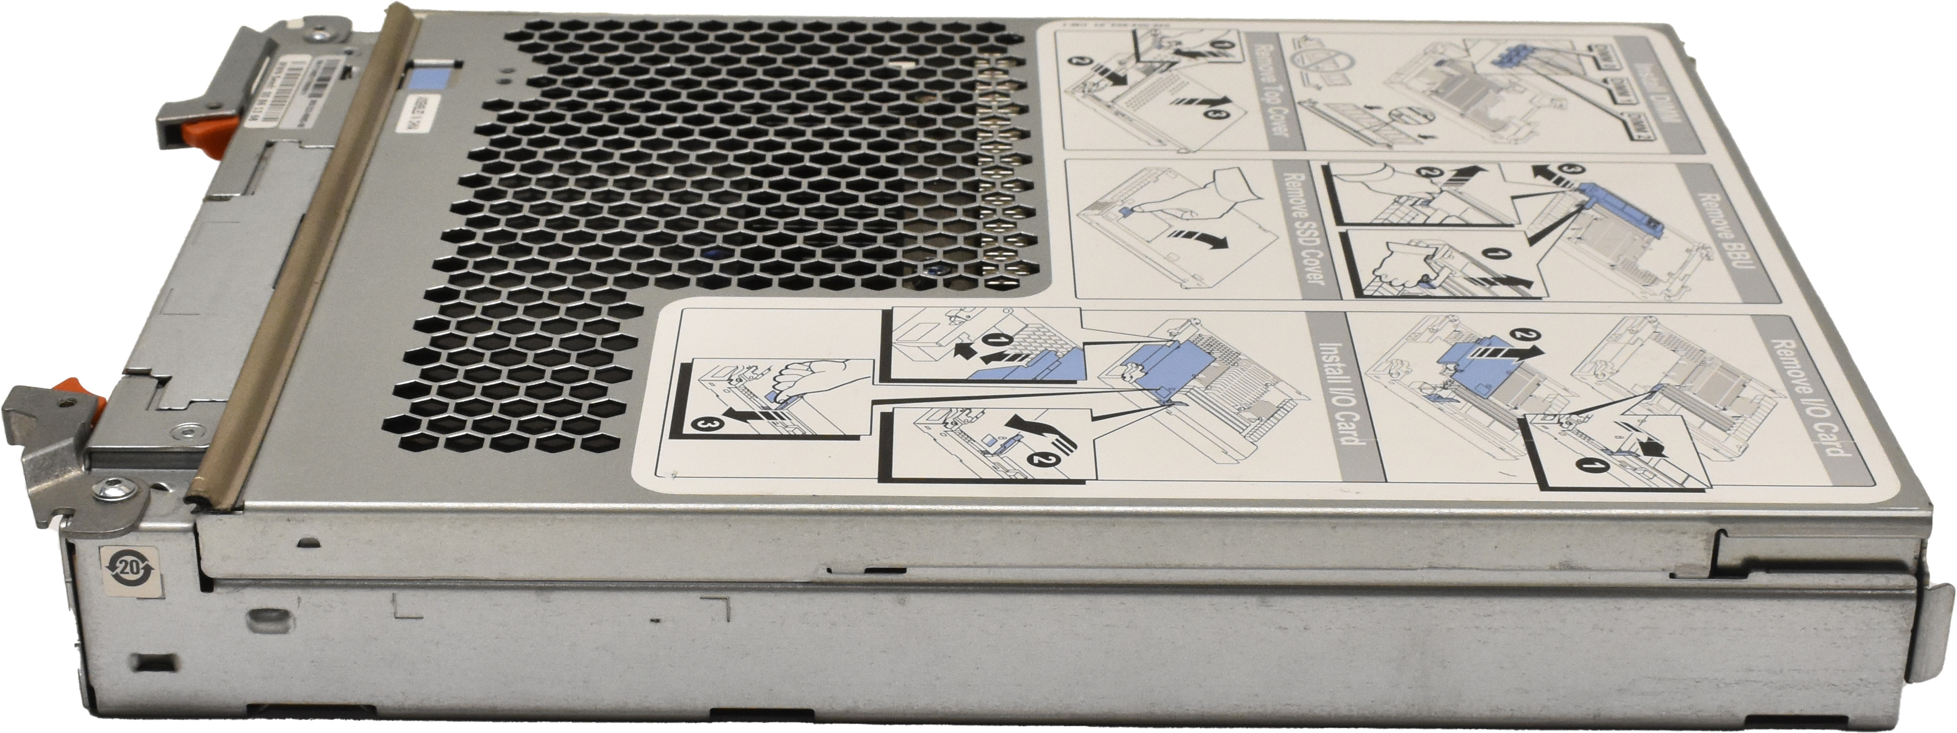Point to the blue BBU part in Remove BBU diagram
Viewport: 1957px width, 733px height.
(x=1622, y=220)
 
